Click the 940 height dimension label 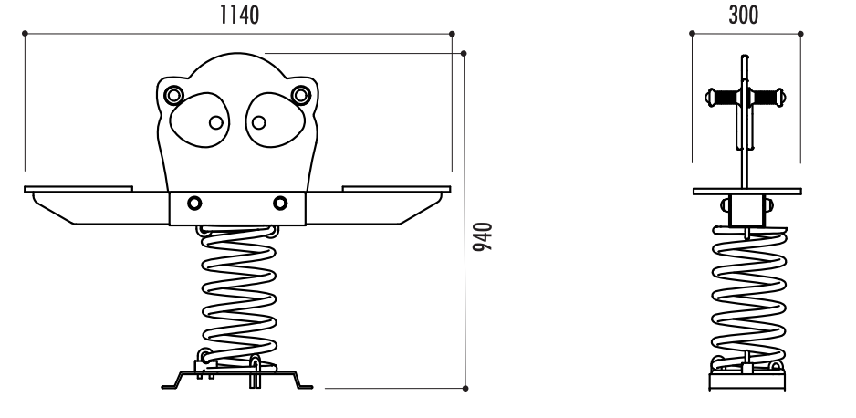pos(488,235)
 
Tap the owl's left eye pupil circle pos(215,122)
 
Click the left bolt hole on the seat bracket pos(194,203)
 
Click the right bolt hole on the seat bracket pos(279,203)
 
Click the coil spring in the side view pos(746,292)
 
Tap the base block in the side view pos(746,379)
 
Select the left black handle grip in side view pos(724,95)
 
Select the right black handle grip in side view pos(768,95)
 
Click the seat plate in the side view pos(746,192)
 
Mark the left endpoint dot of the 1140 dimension pos(25,35)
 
